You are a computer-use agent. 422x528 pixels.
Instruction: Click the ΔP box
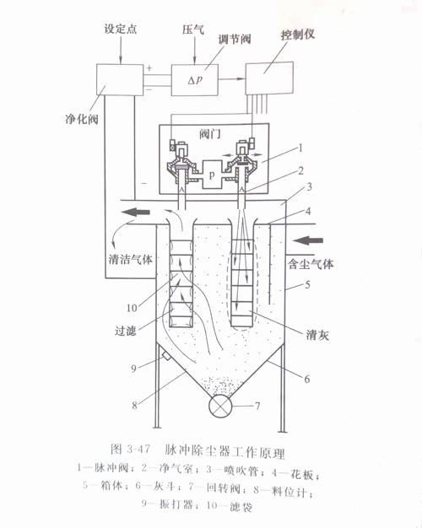(x=195, y=80)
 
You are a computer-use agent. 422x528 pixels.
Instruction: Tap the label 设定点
(x=121, y=29)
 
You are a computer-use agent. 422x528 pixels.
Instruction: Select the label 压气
(x=193, y=30)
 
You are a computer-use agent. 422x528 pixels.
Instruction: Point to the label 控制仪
(x=298, y=34)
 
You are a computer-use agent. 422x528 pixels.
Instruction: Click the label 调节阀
(x=235, y=39)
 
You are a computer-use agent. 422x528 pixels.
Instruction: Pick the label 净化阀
(x=82, y=119)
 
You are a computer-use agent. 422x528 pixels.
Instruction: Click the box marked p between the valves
(x=212, y=175)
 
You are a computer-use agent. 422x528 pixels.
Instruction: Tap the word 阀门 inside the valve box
(x=210, y=134)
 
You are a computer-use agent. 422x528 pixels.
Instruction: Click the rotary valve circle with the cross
(x=221, y=406)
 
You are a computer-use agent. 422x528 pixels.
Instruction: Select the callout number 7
(x=257, y=406)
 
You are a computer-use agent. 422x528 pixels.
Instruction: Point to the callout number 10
(x=132, y=308)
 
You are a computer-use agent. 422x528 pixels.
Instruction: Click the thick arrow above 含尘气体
(x=308, y=240)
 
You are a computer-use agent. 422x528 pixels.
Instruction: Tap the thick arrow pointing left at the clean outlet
(x=136, y=213)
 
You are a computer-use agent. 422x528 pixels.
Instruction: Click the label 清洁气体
(x=131, y=259)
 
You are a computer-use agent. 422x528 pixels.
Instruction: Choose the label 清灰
(x=317, y=335)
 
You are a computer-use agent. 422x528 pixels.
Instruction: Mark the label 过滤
(x=126, y=331)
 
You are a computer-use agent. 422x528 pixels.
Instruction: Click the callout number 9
(x=134, y=369)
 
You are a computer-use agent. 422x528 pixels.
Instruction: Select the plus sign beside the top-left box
(x=149, y=67)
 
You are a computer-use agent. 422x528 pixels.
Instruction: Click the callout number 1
(x=300, y=148)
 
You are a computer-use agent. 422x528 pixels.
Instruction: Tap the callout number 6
(x=306, y=380)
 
